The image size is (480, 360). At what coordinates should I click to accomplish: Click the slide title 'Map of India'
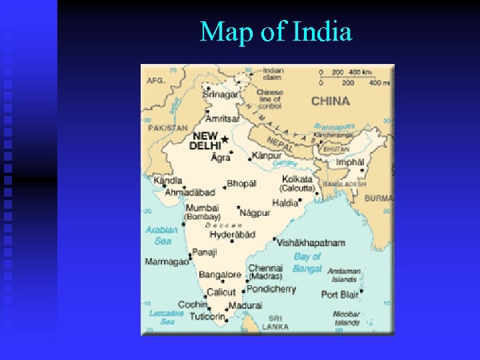coord(275,31)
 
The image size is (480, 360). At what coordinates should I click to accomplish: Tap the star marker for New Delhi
coord(225,139)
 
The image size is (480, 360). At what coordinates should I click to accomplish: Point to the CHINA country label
coord(330,101)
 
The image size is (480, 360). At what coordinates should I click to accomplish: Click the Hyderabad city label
coord(232,235)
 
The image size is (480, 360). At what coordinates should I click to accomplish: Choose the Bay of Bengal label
coord(307,262)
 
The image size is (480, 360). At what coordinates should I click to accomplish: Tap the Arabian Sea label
coord(161,235)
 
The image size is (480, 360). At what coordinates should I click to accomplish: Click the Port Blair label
coord(339,294)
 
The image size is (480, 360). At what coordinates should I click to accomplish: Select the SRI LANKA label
coord(275,323)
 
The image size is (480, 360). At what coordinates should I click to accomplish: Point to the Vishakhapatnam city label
coord(311,243)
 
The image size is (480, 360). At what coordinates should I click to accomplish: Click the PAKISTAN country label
coord(167,127)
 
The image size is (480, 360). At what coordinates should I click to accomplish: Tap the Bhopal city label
coord(241,183)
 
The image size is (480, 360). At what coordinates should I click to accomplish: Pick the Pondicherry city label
coord(271,289)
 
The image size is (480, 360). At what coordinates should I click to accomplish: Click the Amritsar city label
coord(223,119)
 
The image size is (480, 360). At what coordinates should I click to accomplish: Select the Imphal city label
coord(350,162)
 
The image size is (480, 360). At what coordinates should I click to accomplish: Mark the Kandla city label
coord(167,180)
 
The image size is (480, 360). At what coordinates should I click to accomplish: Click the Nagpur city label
coord(255,213)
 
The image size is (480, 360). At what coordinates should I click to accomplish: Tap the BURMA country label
coord(378,198)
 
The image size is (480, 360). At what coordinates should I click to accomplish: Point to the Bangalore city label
coord(220,275)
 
